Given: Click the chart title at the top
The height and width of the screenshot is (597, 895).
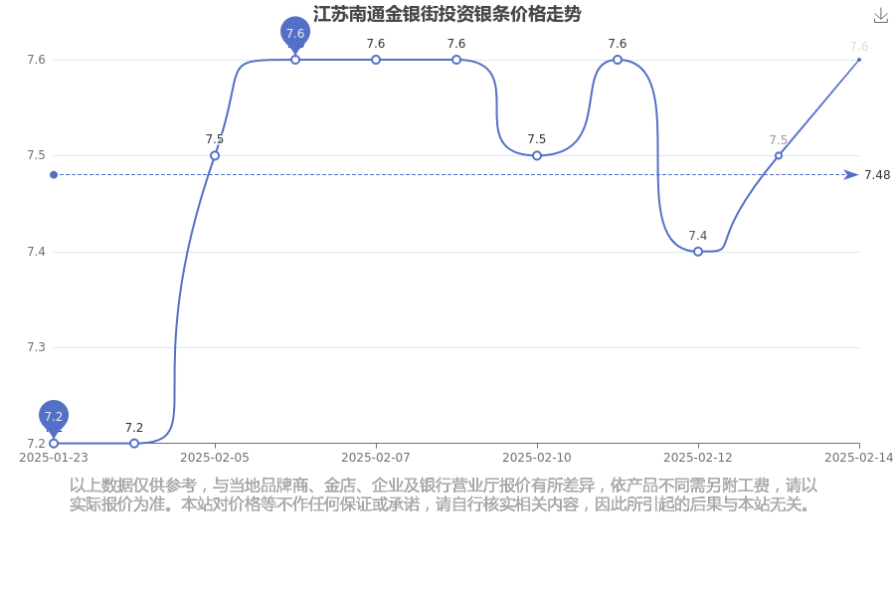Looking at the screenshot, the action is [x=447, y=14].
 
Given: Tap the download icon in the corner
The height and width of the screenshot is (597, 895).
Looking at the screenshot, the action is [x=881, y=16].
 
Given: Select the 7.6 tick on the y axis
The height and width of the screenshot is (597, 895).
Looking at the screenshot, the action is [x=36, y=60].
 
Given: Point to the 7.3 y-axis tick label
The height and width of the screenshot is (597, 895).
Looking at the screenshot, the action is [x=36, y=347].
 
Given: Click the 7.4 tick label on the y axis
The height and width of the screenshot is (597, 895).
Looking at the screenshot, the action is [x=36, y=252].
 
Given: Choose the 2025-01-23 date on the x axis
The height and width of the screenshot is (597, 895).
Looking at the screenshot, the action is [x=54, y=458].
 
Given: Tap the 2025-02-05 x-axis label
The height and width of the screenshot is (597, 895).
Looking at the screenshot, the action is [x=215, y=458].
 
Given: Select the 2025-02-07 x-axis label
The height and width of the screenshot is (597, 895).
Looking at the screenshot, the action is [x=376, y=458].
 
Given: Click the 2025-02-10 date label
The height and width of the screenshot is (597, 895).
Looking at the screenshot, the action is [x=537, y=458].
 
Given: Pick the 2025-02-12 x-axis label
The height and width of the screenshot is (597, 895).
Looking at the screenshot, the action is [x=697, y=458].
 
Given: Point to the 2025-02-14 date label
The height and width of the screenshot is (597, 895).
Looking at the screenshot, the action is [x=858, y=458].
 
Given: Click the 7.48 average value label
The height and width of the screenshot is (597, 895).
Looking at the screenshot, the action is [x=877, y=175].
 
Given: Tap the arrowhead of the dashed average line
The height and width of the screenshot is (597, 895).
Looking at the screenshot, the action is [x=851, y=175].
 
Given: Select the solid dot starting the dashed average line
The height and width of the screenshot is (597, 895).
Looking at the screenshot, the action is [x=54, y=175].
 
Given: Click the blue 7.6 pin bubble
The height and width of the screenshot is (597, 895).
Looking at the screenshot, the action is [x=295, y=33].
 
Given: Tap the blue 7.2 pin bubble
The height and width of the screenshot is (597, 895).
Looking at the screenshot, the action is [x=54, y=416].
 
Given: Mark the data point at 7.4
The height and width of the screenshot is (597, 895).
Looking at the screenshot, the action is [x=697, y=252].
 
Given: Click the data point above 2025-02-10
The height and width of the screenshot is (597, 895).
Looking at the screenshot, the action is [x=537, y=155].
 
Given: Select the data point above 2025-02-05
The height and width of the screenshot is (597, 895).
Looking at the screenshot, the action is [x=215, y=155].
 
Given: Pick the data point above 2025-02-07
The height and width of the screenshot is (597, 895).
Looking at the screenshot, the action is [x=376, y=60].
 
